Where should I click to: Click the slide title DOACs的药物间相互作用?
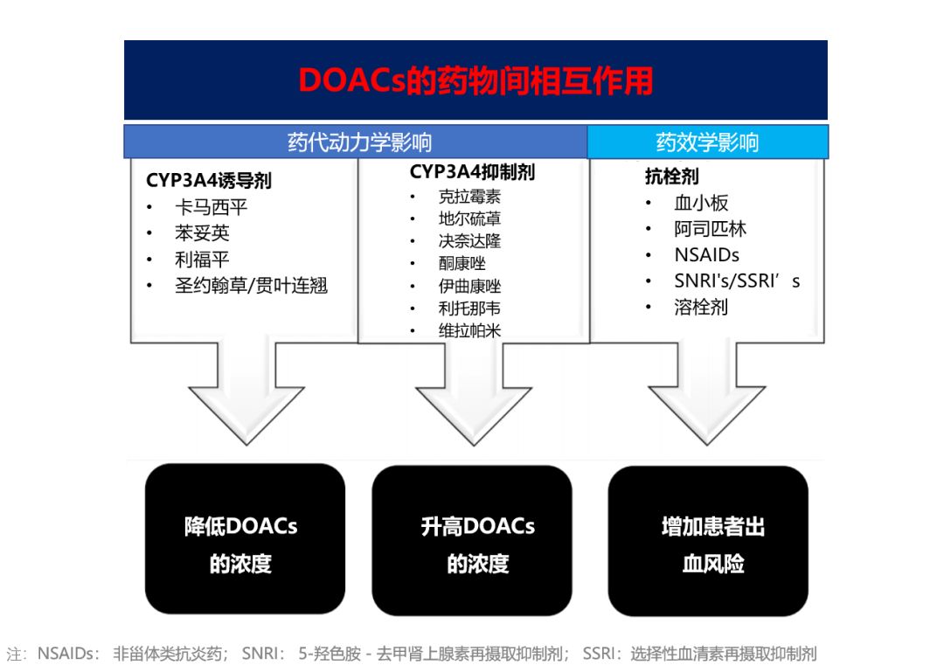coord(475,80)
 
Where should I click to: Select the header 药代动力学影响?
coord(359,142)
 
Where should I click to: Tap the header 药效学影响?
coord(707,142)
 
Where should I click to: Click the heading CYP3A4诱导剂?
coord(209,181)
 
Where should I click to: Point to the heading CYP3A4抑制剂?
coord(472,172)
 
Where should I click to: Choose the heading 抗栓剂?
coord(671,177)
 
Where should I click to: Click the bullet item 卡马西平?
coord(211,208)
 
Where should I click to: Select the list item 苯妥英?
coord(202,233)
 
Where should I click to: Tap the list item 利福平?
coord(202,260)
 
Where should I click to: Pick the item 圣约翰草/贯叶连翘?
coord(251,286)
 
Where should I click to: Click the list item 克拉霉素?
coord(469,197)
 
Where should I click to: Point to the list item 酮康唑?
coord(462,263)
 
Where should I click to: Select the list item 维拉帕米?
coord(469,330)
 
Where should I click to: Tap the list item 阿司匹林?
coord(710,229)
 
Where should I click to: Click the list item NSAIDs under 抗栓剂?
coord(706,255)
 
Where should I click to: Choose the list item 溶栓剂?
coord(700,307)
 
